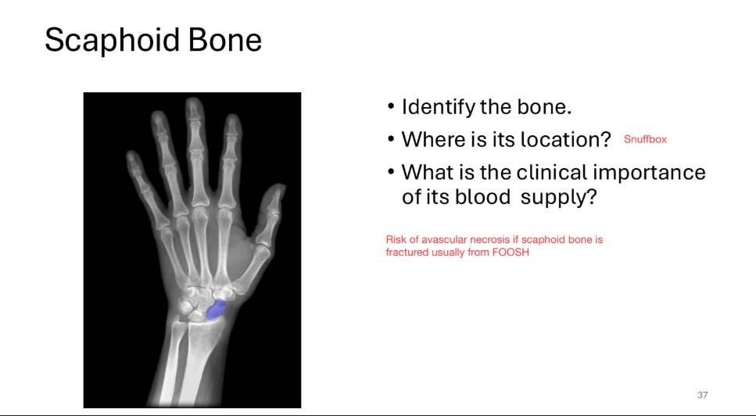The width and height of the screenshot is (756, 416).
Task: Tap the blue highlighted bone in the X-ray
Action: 216,309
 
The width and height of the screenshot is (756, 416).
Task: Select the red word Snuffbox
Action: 645,139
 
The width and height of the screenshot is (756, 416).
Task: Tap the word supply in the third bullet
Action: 559,197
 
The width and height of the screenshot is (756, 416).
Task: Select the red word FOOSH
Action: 511,253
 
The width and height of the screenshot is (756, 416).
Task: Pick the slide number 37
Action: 702,395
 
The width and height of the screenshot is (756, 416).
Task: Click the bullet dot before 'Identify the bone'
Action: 392,108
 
